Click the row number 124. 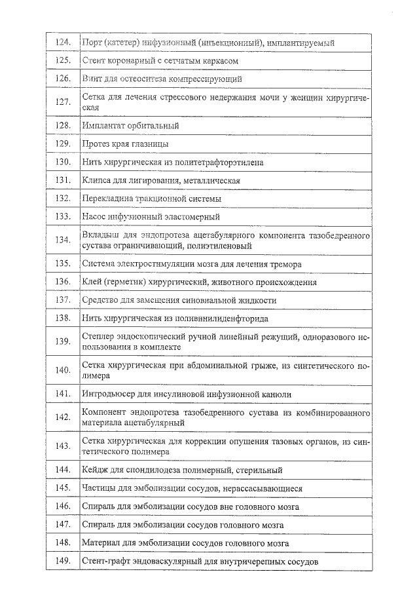[63, 43]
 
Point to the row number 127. [63, 102]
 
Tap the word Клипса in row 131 [97, 180]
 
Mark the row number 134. [63, 240]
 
